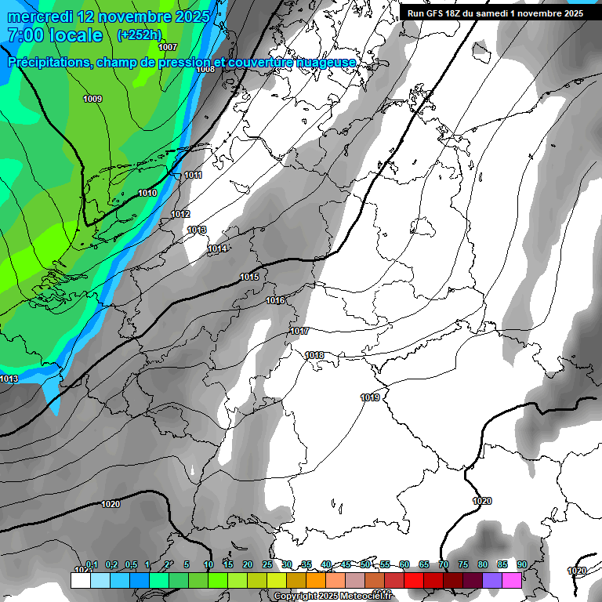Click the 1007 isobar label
click(x=168, y=47)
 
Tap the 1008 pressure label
click(x=205, y=69)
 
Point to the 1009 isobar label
click(x=92, y=99)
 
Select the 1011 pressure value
click(x=193, y=175)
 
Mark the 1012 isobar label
click(x=180, y=214)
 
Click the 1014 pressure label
click(x=217, y=248)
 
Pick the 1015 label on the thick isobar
click(x=249, y=277)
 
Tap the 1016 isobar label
click(x=275, y=300)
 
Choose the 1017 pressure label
click(x=299, y=331)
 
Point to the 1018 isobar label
click(x=314, y=355)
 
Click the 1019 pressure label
click(x=371, y=397)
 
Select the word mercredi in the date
click(x=40, y=16)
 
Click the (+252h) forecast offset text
click(x=139, y=34)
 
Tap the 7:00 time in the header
click(x=25, y=35)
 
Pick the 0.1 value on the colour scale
click(x=91, y=564)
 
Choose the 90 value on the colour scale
click(x=521, y=564)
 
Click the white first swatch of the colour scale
click(x=80, y=580)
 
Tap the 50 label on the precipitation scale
click(x=365, y=564)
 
